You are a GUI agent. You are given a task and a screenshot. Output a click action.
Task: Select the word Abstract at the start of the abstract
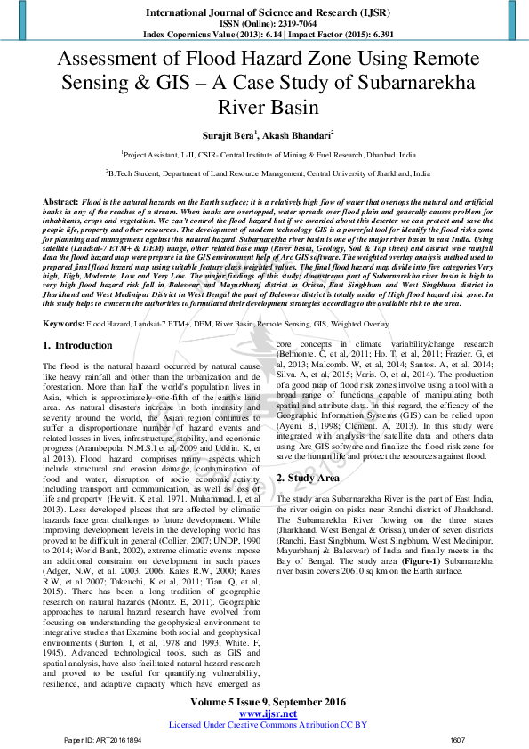click(x=60, y=203)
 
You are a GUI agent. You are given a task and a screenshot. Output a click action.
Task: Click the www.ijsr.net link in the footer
click(x=263, y=713)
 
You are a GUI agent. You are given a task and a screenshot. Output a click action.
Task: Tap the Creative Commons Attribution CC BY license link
click(x=268, y=725)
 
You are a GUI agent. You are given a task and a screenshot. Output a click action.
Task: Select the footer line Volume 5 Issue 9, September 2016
click(x=263, y=701)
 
